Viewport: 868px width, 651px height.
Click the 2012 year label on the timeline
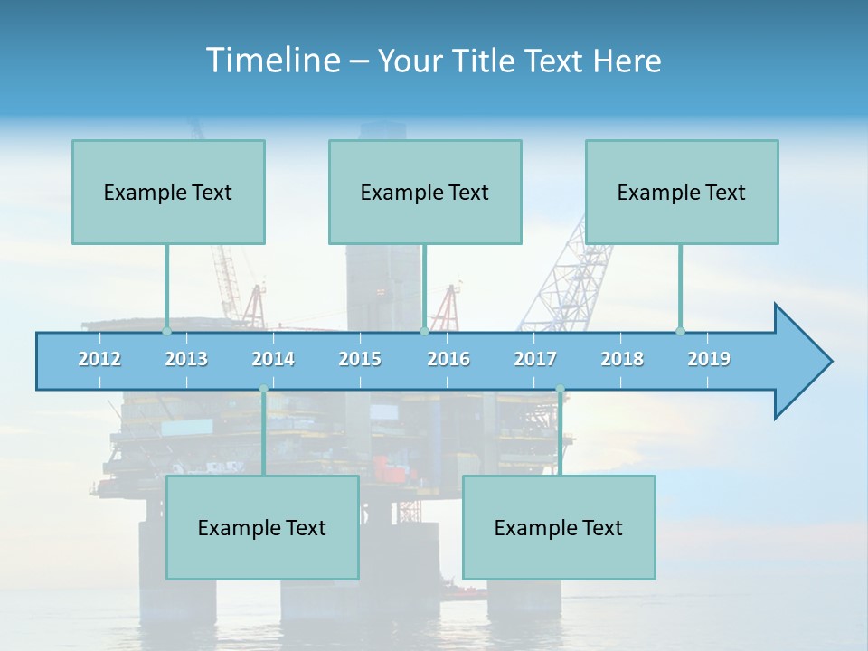point(99,359)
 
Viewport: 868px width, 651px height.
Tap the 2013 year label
point(186,359)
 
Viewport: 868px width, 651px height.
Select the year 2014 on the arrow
point(273,359)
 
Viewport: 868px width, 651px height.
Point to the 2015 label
point(360,359)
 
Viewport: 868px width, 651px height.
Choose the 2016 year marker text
point(448,359)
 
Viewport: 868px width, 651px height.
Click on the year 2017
point(535,359)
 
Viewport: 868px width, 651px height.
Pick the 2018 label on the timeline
point(622,359)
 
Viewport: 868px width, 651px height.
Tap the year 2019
point(709,359)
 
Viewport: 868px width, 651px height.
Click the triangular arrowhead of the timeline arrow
point(800,362)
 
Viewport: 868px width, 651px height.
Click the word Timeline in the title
point(271,61)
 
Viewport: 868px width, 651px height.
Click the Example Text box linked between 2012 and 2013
point(168,192)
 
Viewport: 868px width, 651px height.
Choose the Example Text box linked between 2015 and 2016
point(425,192)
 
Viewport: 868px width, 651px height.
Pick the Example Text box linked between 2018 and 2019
point(682,192)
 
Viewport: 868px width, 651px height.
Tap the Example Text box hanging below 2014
point(262,527)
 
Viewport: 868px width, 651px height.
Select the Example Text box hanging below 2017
point(559,527)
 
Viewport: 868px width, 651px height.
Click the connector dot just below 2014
point(263,389)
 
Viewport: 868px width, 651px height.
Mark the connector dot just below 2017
point(560,389)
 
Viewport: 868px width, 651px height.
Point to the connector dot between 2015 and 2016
point(424,331)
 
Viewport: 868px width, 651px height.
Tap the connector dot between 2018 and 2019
point(680,331)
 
